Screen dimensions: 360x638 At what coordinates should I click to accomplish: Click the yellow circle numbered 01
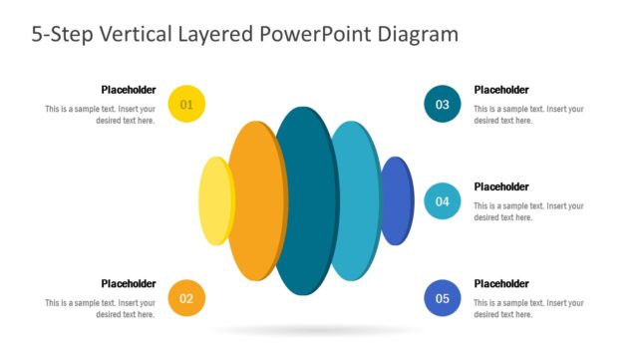186,104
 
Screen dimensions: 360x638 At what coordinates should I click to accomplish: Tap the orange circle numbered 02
186,297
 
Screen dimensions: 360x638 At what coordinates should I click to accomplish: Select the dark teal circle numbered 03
442,104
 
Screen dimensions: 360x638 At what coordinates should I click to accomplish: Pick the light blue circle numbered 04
442,200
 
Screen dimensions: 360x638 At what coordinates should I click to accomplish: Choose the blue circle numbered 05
442,297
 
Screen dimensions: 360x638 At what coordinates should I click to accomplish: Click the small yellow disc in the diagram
213,200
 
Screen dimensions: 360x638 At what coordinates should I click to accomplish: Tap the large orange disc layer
251,200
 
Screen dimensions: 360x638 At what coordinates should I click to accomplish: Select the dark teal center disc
305,200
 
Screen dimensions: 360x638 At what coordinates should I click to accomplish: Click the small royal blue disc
398,200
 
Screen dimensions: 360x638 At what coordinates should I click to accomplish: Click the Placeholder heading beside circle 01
128,89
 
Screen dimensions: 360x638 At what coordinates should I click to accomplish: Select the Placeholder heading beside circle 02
128,283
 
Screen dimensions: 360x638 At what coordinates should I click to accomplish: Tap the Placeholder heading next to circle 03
501,89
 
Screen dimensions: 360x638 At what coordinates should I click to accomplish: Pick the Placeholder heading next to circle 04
501,185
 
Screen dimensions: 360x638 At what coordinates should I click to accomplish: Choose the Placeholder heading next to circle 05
501,283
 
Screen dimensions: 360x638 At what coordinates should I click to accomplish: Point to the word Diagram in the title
418,34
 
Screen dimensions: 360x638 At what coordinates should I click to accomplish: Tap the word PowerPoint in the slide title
316,34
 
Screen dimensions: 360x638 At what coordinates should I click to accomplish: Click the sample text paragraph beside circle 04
528,211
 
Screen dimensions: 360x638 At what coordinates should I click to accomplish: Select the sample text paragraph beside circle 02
100,308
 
